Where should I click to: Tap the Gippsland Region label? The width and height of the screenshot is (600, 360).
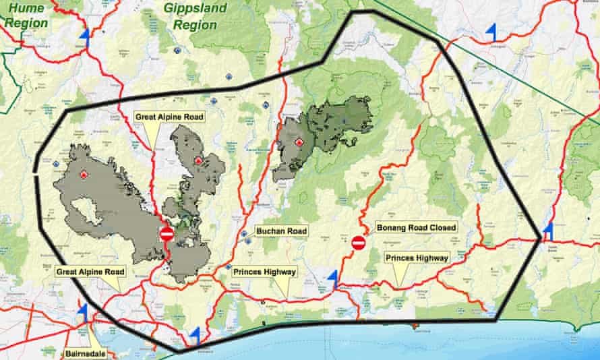196,17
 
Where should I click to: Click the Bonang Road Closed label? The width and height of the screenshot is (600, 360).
416,227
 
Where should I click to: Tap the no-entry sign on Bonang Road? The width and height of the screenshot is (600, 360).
359,243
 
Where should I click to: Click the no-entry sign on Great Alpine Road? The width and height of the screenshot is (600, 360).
167,234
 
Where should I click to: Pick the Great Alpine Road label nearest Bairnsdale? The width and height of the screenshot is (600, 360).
91,272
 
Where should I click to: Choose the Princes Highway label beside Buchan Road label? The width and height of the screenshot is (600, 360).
265,272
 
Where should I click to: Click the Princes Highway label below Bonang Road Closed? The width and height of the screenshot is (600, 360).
416,258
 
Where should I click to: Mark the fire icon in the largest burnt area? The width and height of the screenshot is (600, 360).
84,174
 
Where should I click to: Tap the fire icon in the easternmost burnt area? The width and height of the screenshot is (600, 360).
299,142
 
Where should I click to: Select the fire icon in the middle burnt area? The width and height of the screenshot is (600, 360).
198,160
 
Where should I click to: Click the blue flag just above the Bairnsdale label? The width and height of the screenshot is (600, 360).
84,310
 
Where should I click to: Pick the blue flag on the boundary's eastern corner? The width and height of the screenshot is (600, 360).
549,231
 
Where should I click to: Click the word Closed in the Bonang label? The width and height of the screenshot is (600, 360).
440,227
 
